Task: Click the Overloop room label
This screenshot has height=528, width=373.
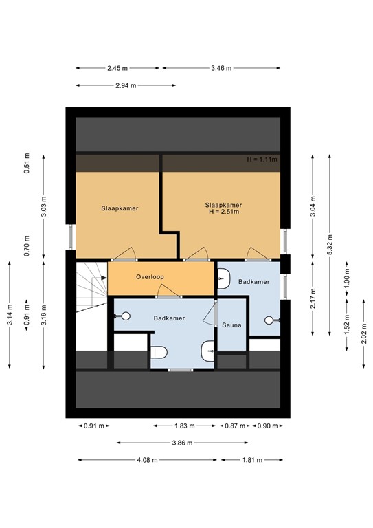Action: click(149, 277)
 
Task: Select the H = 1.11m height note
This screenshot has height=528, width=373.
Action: click(262, 159)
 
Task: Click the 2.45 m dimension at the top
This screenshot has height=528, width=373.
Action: click(117, 68)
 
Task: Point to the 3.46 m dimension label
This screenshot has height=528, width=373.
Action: click(220, 68)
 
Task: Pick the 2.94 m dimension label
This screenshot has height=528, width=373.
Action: click(125, 85)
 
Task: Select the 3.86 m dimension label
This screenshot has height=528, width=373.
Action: click(181, 443)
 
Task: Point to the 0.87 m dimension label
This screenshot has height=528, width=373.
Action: click(236, 426)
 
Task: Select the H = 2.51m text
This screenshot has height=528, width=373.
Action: click(224, 212)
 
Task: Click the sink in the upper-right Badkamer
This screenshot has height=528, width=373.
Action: click(225, 278)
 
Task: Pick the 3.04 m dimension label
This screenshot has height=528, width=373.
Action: click(313, 208)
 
